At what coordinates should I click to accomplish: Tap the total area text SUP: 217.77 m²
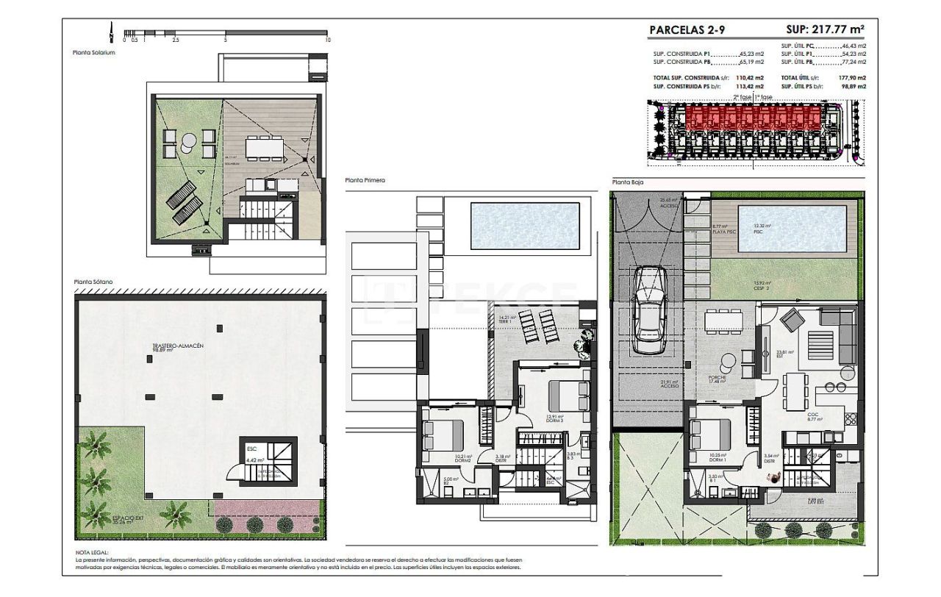tap(825, 30)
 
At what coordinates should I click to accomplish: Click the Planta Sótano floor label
tap(93, 282)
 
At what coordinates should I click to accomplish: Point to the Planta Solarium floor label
tap(94, 52)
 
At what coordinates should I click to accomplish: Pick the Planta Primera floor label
tap(365, 180)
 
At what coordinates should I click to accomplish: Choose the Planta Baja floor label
tap(627, 182)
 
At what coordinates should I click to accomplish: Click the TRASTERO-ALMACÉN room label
tap(178, 345)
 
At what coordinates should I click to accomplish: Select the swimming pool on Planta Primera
tap(524, 225)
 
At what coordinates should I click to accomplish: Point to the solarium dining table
tap(262, 147)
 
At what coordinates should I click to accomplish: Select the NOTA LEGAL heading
tap(92, 551)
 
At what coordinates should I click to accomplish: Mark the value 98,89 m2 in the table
tap(853, 87)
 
